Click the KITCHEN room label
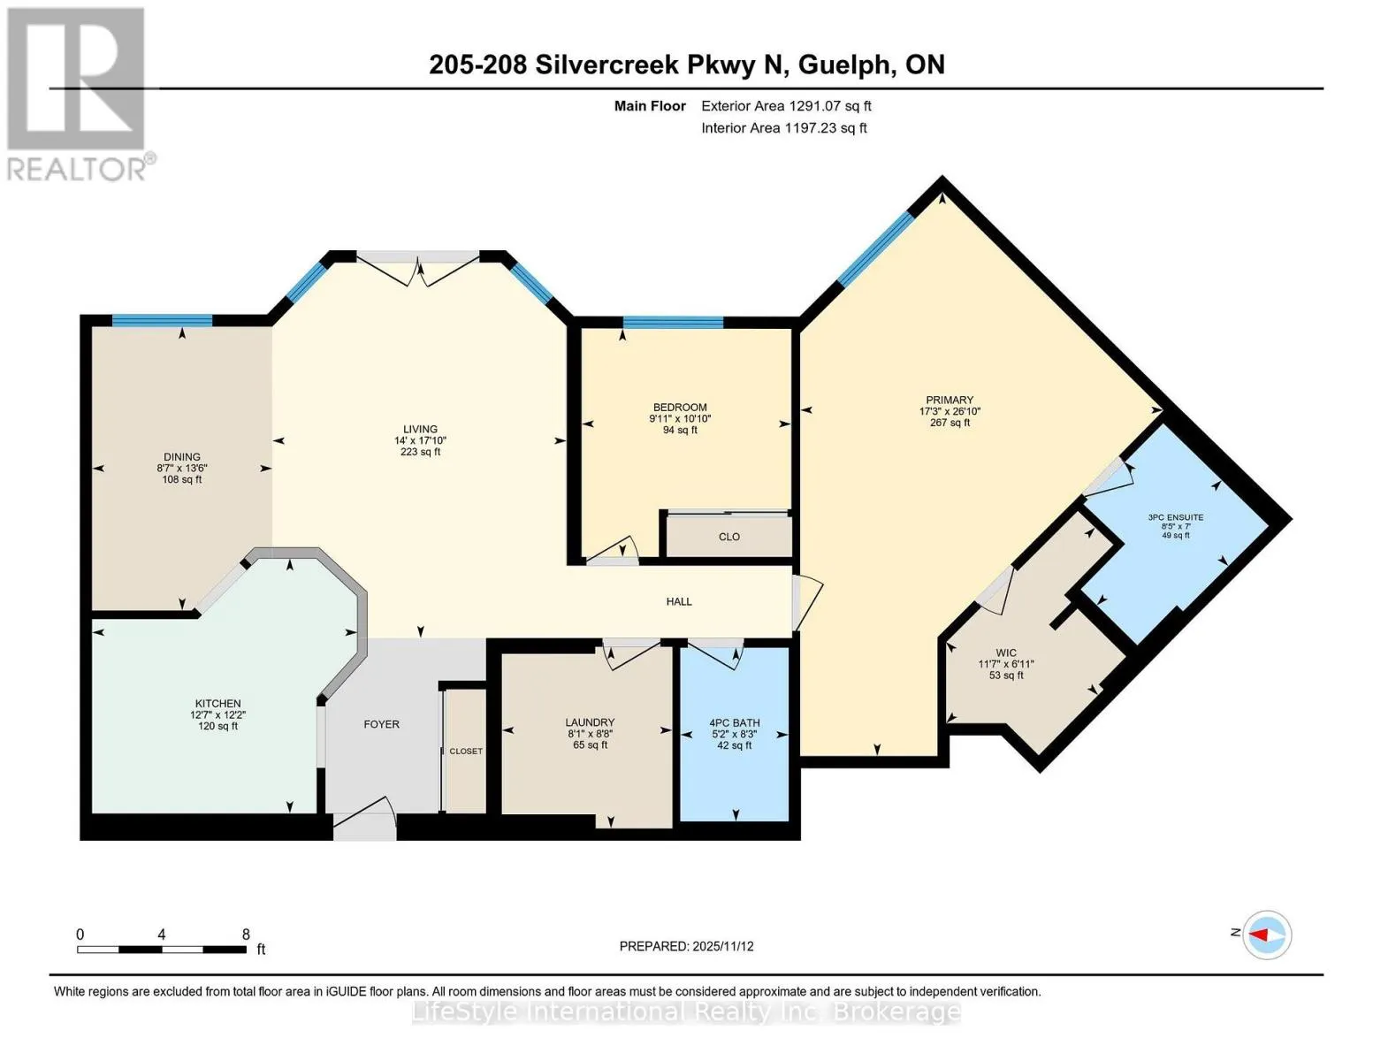pyautogui.click(x=217, y=703)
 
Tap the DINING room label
pyautogui.click(x=182, y=457)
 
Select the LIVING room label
pyautogui.click(x=420, y=429)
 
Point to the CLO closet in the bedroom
pyautogui.click(x=729, y=537)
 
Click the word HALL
pyautogui.click(x=679, y=601)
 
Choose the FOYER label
pyautogui.click(x=382, y=724)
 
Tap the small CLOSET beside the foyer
pyautogui.click(x=466, y=752)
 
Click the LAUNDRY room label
pyautogui.click(x=591, y=722)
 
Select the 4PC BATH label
pyautogui.click(x=734, y=723)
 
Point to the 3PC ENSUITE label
pyautogui.click(x=1176, y=517)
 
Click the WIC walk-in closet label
pyautogui.click(x=1006, y=653)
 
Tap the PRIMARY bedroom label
pyautogui.click(x=950, y=400)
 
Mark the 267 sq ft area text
pyautogui.click(x=950, y=423)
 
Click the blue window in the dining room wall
pyautogui.click(x=163, y=320)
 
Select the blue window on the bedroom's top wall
pyautogui.click(x=673, y=323)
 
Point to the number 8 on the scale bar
pyautogui.click(x=246, y=935)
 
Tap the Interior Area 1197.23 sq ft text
pyautogui.click(x=784, y=128)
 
